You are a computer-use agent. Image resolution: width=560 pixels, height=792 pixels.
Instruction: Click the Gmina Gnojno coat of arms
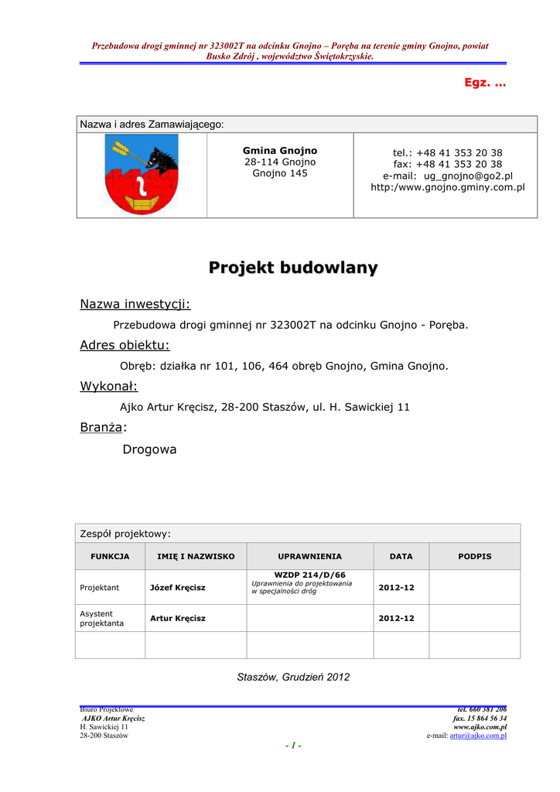coord(141,174)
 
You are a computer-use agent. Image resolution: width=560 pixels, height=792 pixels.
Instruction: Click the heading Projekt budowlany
coord(293,268)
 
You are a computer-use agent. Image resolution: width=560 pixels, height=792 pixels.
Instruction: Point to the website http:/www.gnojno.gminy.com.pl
coord(448,187)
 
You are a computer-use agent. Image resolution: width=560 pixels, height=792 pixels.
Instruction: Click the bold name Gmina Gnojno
coord(280,150)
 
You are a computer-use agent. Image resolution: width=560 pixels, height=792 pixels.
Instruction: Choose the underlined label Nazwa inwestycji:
coord(135,304)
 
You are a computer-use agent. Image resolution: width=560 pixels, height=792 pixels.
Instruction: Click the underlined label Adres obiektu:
coord(125,345)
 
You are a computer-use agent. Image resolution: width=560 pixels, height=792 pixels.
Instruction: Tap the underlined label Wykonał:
coord(109,386)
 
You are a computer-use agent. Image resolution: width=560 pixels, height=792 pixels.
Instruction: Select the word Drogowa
coord(150,449)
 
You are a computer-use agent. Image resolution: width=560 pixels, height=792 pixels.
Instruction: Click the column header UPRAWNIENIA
coord(309,556)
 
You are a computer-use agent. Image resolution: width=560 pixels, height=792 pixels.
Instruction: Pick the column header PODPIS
coord(474,556)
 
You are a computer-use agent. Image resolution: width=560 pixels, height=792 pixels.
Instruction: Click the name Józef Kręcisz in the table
coord(178,588)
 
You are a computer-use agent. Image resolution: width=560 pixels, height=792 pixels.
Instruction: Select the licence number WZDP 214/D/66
coord(309,575)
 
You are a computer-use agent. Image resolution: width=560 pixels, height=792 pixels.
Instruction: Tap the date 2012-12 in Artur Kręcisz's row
coord(396,618)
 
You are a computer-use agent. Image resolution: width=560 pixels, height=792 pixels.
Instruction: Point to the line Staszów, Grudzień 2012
coord(293,677)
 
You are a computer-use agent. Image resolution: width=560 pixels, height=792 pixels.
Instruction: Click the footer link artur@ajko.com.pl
coord(478,736)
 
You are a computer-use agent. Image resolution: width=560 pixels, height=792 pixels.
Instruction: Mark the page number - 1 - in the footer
coord(293,746)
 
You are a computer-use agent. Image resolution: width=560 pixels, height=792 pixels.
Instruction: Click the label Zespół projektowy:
coord(125,533)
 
